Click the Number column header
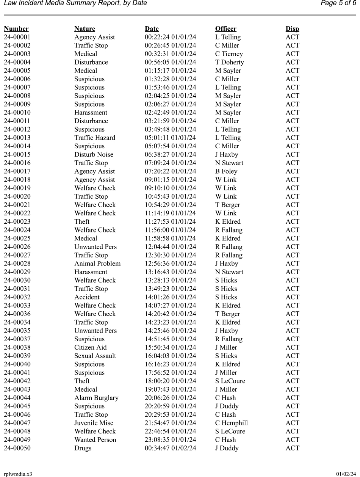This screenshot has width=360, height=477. click(x=16, y=29)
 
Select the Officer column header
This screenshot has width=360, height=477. click(x=225, y=29)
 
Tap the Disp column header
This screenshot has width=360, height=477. click(x=292, y=29)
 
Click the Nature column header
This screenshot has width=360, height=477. click(x=85, y=29)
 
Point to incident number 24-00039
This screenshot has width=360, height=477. click(x=17, y=356)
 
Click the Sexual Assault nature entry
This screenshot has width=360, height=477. click(x=95, y=356)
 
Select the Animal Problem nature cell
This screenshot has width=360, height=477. click(x=97, y=264)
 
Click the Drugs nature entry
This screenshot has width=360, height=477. click(x=83, y=448)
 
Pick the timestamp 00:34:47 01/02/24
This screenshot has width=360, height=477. click(x=171, y=448)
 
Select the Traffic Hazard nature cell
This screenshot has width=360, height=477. click(x=95, y=138)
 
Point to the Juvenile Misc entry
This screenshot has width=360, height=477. click(x=94, y=423)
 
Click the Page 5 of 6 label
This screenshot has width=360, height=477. click(x=338, y=3)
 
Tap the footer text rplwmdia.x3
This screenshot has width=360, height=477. click(x=18, y=474)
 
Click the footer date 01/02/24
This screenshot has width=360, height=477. click(x=346, y=474)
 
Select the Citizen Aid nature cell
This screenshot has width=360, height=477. click(x=91, y=347)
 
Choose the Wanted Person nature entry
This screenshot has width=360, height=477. click(x=95, y=440)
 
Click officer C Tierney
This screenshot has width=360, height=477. click(x=229, y=54)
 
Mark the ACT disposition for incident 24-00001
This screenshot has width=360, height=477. click(x=293, y=37)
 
